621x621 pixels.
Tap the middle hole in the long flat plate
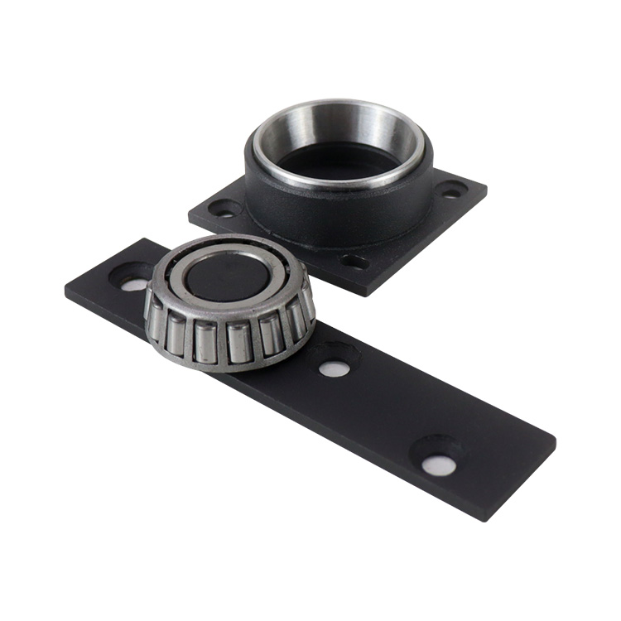334,368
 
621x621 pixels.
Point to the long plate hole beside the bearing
133,283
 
